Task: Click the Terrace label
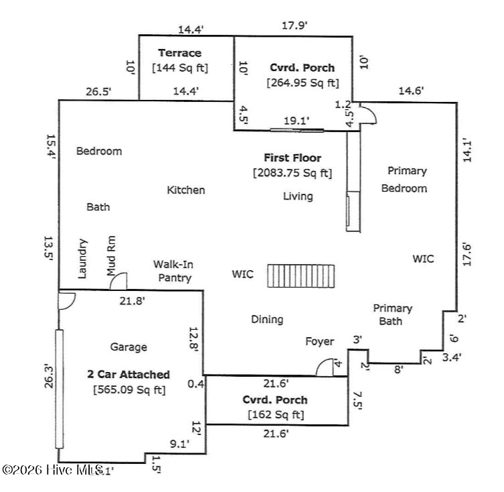point(179,53)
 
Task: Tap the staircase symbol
point(301,275)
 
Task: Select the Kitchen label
point(186,190)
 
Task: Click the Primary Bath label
point(392,314)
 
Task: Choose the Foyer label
point(319,341)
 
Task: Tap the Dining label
point(267,319)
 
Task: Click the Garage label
point(129,347)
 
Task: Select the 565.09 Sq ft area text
point(129,389)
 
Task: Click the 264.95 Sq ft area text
point(303,83)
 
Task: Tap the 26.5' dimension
point(98,92)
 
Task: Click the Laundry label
point(83,258)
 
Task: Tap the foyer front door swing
point(325,367)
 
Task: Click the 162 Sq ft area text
point(275,415)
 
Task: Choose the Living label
point(298,196)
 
